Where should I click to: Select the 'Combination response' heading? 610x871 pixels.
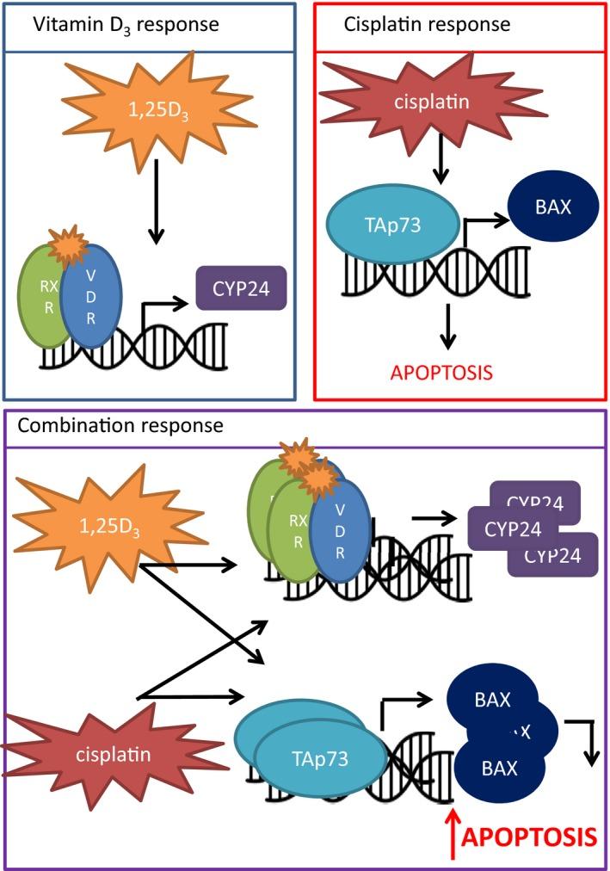click(x=120, y=425)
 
